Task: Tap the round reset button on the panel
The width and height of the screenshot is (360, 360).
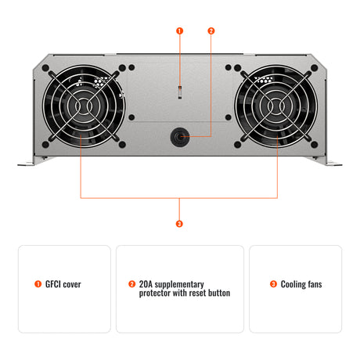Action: [180, 136]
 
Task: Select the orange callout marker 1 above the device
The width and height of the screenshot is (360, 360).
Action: [180, 31]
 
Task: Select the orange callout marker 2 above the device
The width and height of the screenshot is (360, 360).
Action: [211, 31]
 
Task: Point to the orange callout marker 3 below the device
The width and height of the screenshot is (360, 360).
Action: [180, 224]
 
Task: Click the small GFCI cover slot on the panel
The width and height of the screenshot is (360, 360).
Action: [180, 92]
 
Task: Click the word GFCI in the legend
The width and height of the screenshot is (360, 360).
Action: [53, 284]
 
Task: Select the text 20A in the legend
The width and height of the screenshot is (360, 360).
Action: [146, 284]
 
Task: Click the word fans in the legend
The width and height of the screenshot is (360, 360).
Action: [313, 284]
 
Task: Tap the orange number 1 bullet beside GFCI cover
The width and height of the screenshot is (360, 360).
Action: [38, 284]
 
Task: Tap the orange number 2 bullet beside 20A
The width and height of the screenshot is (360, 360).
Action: [131, 284]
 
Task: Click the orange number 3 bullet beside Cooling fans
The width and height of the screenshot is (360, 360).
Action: [273, 284]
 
